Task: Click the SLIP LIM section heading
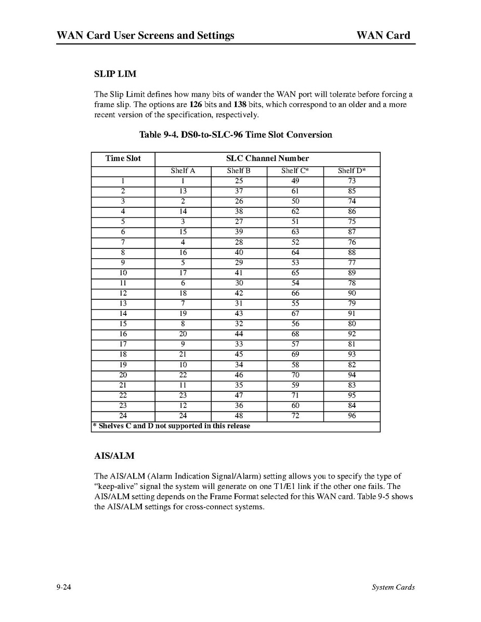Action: coord(115,74)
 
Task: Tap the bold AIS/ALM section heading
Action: coord(114,456)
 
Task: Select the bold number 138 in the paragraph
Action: coord(240,104)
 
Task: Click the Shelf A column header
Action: coord(183,171)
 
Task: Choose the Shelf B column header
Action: coord(239,171)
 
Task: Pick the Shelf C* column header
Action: coord(295,171)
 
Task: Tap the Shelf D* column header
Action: coord(352,171)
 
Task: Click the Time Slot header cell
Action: coord(123,158)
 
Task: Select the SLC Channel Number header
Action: coord(267,158)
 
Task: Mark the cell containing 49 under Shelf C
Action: coord(295,181)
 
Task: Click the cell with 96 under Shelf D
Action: coord(352,416)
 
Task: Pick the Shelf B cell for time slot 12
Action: coord(239,293)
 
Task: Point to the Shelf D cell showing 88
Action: coord(352,253)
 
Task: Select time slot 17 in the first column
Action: coord(123,344)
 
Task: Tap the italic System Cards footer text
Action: coord(393,588)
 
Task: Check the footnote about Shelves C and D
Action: coord(171,426)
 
